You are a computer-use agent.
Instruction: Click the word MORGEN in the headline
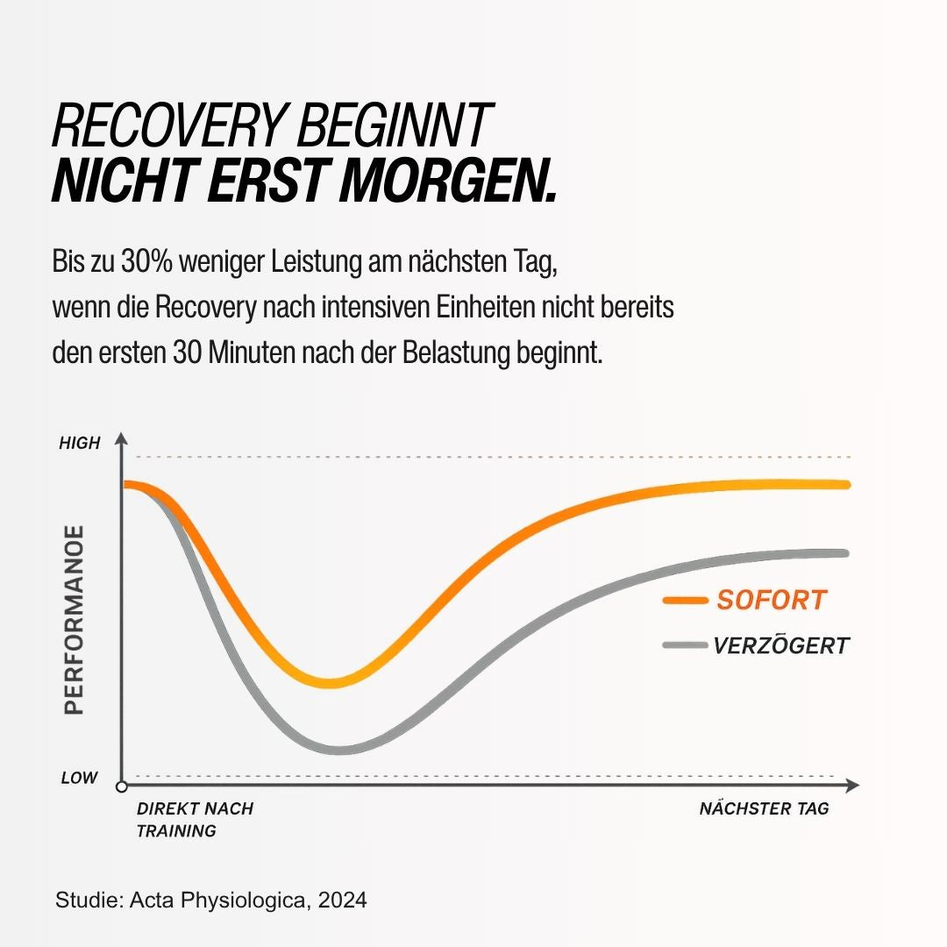click(447, 181)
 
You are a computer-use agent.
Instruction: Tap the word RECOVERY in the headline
click(167, 125)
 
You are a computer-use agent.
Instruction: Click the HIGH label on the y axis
click(79, 444)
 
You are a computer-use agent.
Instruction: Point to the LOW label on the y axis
click(79, 777)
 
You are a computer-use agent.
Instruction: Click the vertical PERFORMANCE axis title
click(74, 620)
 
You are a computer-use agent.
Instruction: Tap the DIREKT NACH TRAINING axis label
click(195, 820)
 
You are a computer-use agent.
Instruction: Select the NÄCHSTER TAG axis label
click(764, 808)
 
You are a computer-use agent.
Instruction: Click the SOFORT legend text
click(772, 600)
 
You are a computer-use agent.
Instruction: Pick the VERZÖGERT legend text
click(781, 645)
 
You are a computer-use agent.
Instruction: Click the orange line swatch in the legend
click(685, 601)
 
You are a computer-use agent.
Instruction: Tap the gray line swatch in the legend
click(685, 645)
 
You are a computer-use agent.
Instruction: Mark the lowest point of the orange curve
click(330, 683)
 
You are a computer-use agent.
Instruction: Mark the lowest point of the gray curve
click(339, 750)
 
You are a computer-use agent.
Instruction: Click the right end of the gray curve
click(845, 553)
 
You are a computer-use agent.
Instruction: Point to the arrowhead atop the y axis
click(121, 438)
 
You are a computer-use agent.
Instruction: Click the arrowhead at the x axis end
click(852, 786)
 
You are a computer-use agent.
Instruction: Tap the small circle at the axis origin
click(121, 787)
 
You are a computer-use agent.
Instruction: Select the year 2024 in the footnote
click(343, 900)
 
